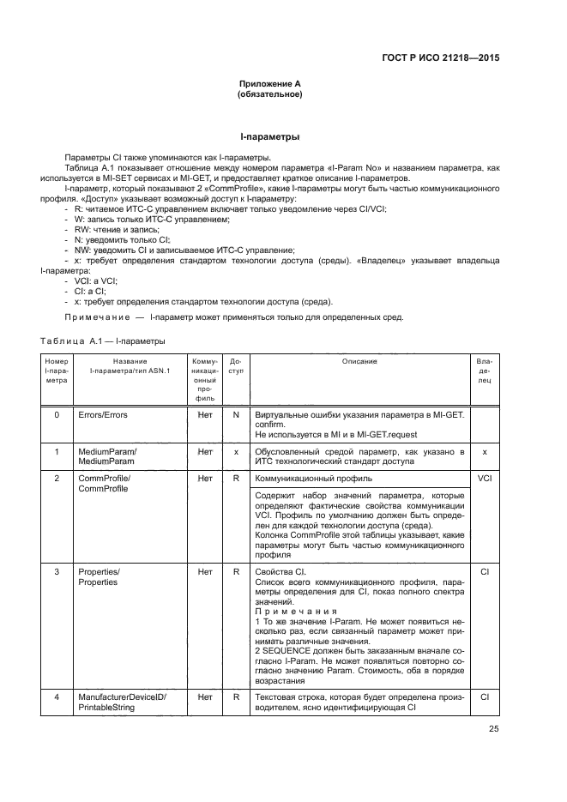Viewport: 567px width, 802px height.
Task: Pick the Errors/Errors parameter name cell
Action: [102, 415]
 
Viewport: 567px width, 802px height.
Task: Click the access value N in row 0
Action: [235, 415]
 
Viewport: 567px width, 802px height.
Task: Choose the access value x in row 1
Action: [235, 451]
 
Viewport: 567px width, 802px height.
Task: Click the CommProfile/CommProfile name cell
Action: [104, 483]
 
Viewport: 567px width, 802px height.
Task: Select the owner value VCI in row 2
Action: [485, 478]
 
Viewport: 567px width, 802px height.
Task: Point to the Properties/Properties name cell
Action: [100, 577]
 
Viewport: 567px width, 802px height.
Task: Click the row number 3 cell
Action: [57, 572]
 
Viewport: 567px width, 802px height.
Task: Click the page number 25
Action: [493, 730]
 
